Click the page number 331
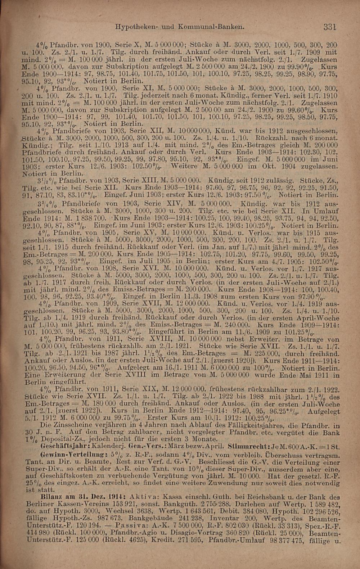tap(329, 27)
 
